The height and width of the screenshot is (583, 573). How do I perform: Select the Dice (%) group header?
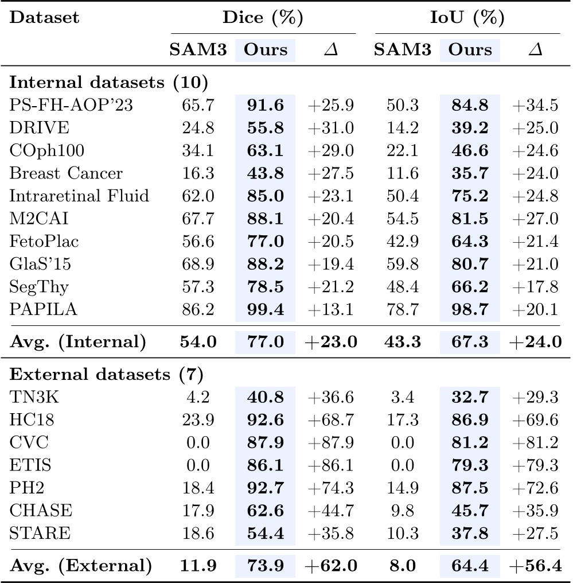(263, 17)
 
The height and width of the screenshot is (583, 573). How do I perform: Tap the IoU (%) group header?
(467, 17)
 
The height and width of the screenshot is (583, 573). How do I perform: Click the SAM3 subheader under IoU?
(403, 50)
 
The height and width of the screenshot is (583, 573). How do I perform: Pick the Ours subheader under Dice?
(266, 50)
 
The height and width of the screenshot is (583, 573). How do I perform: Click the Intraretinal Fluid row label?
(79, 196)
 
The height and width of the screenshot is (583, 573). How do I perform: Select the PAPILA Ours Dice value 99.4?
(265, 309)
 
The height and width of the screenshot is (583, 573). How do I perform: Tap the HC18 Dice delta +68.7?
(330, 419)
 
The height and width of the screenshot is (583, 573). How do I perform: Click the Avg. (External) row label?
(81, 566)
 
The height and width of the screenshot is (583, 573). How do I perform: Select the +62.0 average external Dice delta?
(330, 566)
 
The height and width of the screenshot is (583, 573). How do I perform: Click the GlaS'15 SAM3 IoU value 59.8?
(403, 264)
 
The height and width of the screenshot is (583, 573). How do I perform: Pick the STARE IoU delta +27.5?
(535, 533)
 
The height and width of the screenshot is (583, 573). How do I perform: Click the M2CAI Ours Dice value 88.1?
(265, 219)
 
